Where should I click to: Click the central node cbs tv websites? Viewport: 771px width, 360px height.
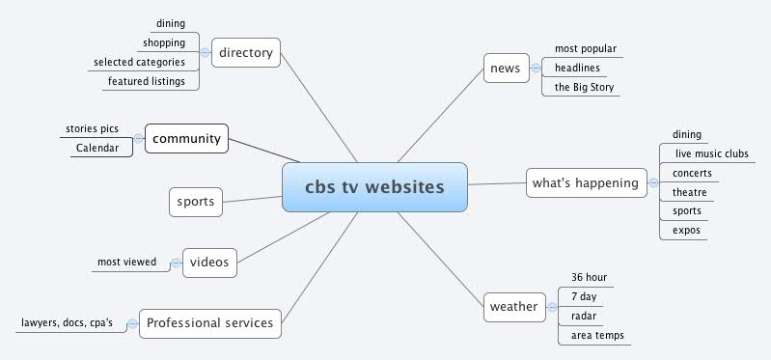(x=374, y=186)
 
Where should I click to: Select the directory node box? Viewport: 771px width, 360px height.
(x=245, y=52)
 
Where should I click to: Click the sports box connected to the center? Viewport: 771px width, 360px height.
(x=195, y=203)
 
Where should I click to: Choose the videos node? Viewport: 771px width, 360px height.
(x=209, y=262)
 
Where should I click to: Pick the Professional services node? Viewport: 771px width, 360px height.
(x=210, y=323)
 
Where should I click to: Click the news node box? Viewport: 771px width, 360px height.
(x=504, y=68)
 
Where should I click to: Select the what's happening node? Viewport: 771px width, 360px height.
(x=586, y=182)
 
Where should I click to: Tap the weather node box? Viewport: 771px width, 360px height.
(x=513, y=307)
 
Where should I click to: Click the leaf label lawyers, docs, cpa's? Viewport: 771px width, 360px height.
(x=72, y=323)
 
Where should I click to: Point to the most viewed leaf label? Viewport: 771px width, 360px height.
(x=126, y=262)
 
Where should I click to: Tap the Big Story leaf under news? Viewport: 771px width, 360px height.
(x=583, y=87)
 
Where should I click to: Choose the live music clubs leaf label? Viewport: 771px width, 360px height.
(x=710, y=154)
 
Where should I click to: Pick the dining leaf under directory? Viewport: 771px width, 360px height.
(x=171, y=23)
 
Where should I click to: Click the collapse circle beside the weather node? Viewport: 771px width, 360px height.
(x=550, y=307)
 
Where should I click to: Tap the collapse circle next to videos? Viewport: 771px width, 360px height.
(x=176, y=262)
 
